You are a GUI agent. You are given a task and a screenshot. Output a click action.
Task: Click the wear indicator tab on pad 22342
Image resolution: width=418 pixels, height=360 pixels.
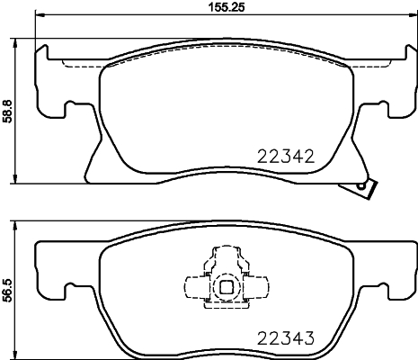pyautogui.click(x=364, y=186)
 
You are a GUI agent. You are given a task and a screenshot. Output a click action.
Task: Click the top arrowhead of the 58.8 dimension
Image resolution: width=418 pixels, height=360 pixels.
pyautogui.click(x=21, y=41)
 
